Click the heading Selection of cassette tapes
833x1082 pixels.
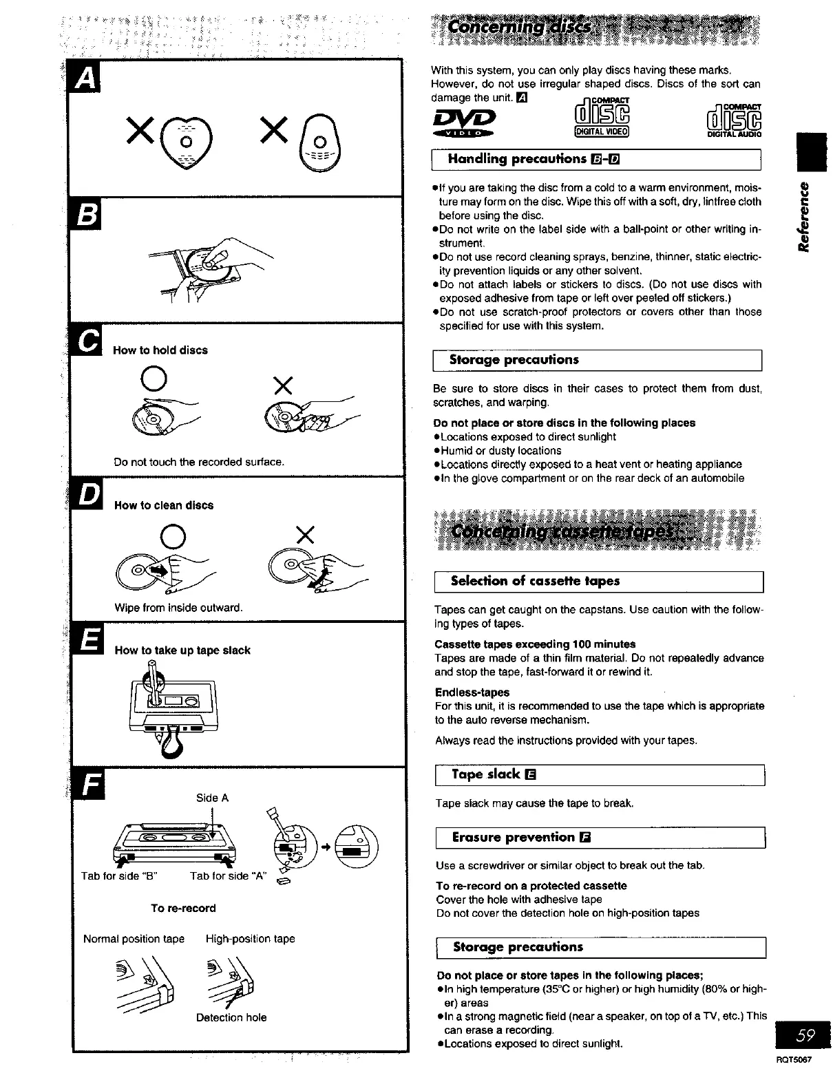(535, 581)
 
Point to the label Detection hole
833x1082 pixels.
(231, 1017)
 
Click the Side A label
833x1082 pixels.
(212, 798)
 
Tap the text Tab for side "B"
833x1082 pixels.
(120, 876)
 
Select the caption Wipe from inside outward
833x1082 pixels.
(178, 608)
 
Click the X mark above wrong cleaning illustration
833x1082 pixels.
(304, 533)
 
